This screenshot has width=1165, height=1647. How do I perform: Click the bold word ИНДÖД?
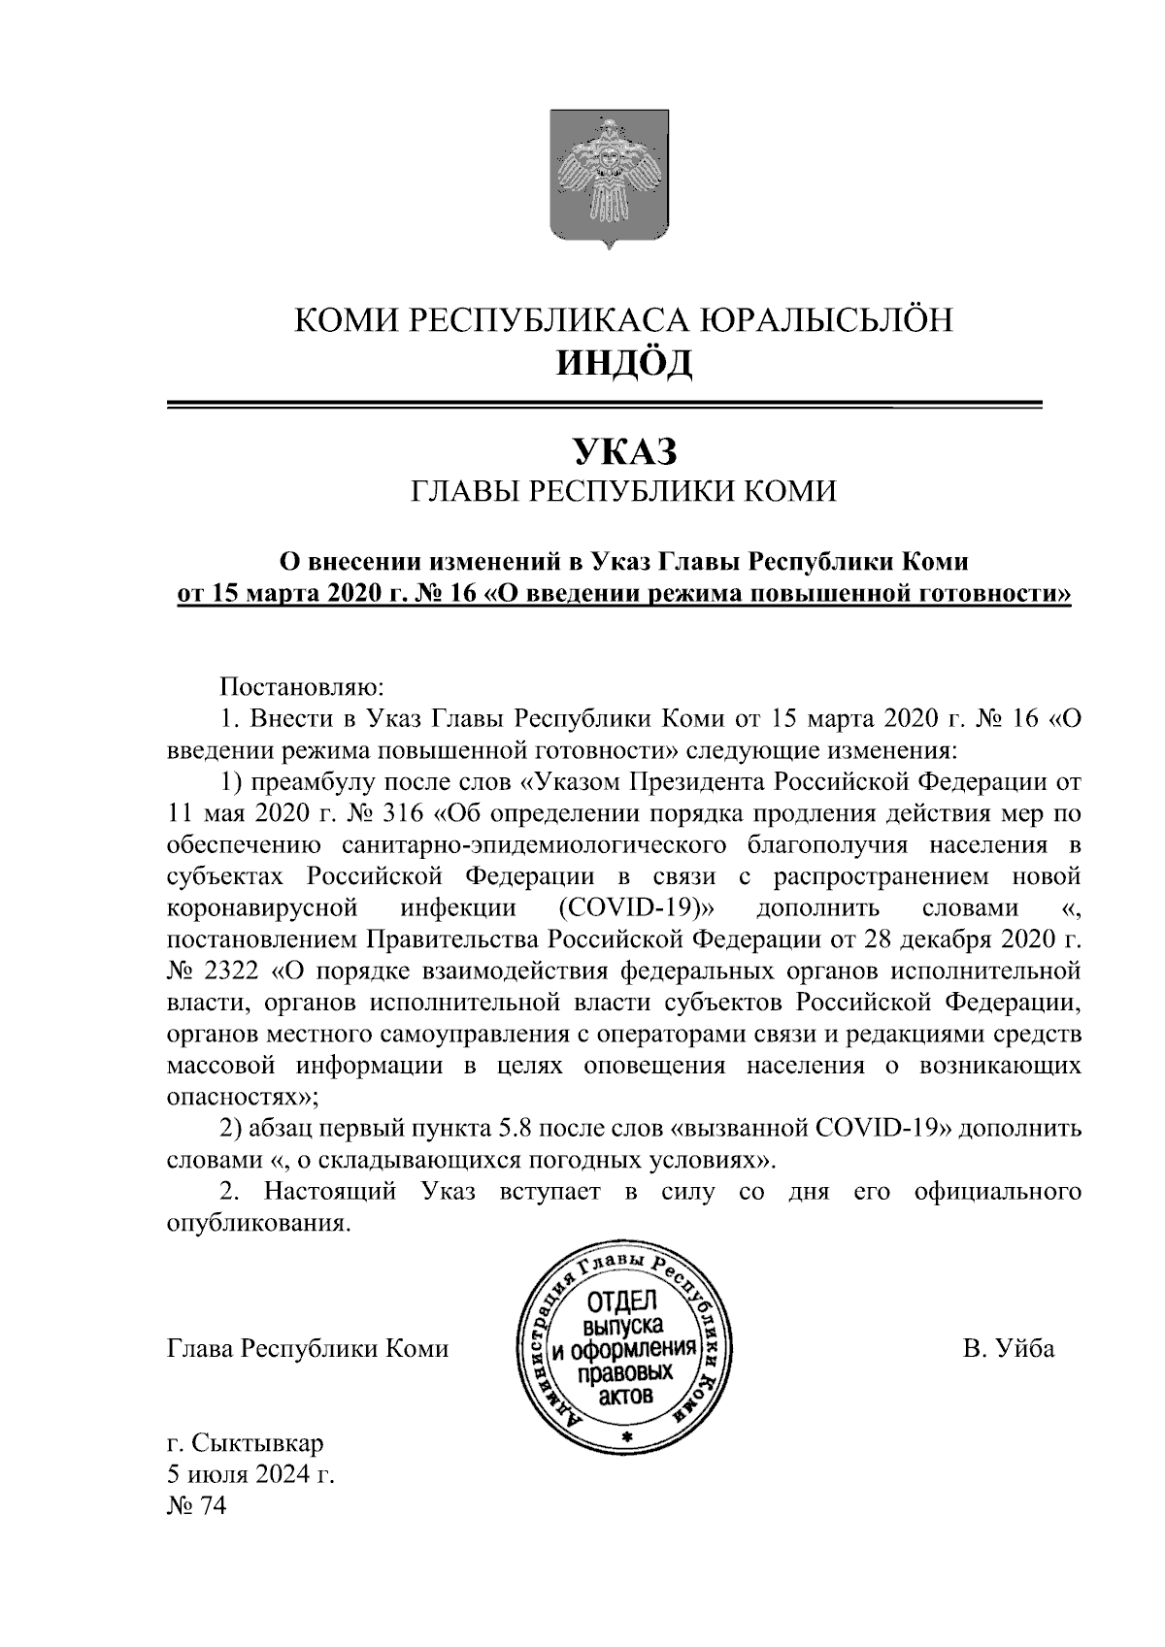coord(623,364)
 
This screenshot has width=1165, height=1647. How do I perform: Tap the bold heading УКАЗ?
coord(622,450)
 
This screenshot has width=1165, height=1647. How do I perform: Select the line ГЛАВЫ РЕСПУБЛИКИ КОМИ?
coord(622,492)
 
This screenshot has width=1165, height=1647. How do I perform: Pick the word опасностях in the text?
coord(239,1097)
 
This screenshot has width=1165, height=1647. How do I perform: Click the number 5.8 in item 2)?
coord(515,1128)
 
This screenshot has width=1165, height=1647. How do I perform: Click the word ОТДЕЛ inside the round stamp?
coord(622,1302)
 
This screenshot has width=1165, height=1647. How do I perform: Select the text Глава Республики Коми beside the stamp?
coord(308,1349)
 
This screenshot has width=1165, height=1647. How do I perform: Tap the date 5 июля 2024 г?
coord(250,1474)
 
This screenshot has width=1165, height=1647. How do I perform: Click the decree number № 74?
coord(196,1506)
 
